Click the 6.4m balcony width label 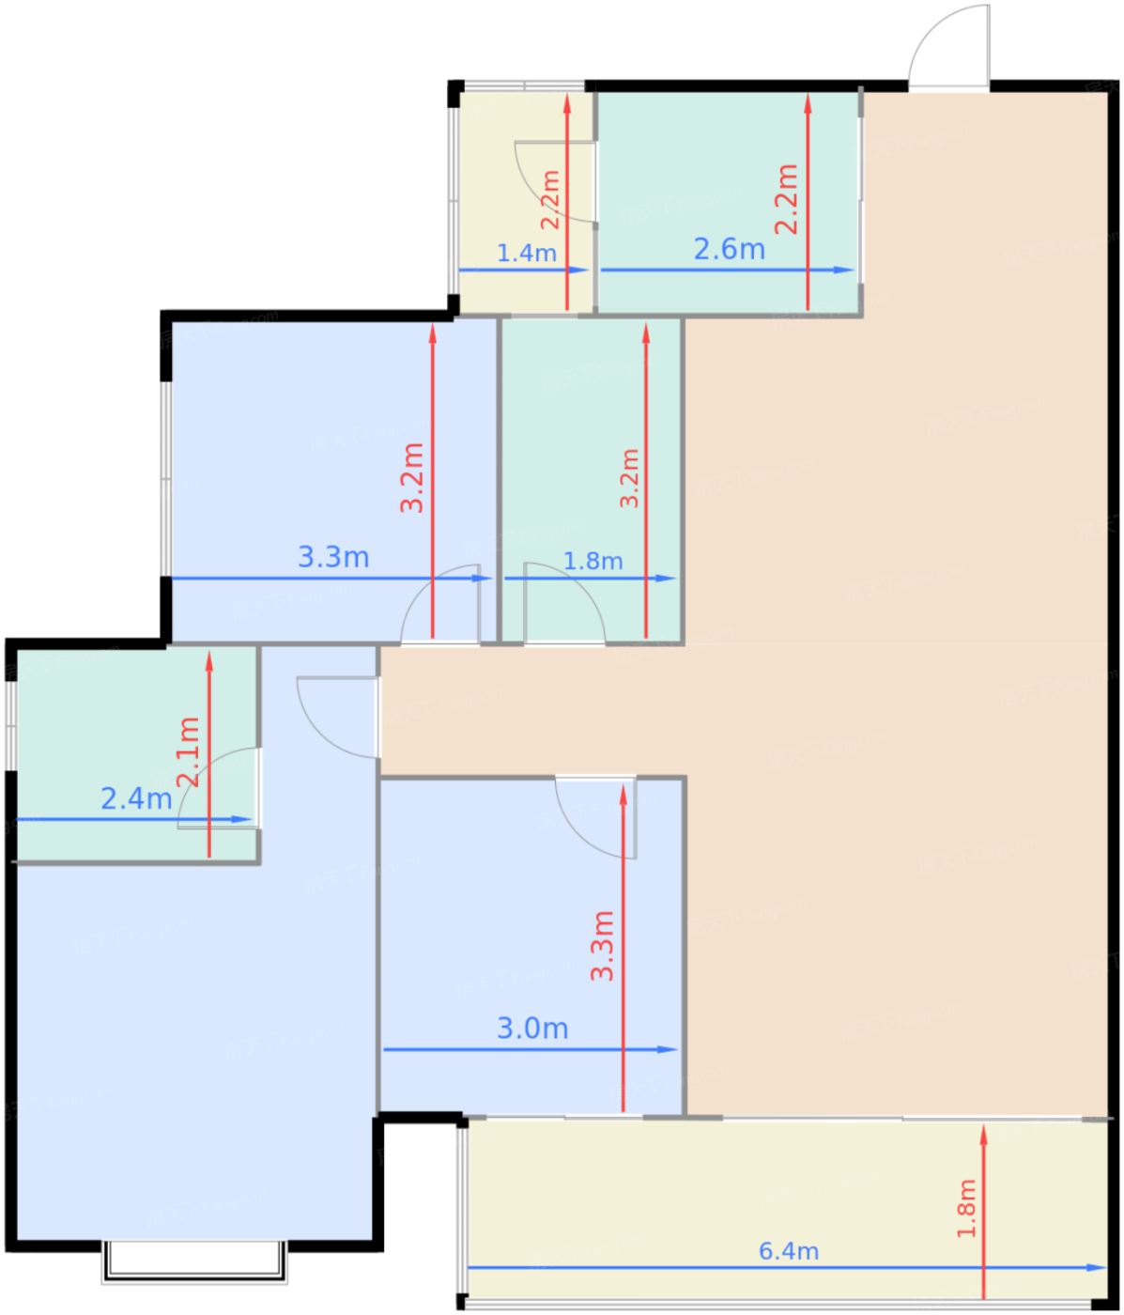[788, 1251]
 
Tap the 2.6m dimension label [729, 249]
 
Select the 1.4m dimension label [526, 254]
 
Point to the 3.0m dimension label [531, 1029]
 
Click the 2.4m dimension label [136, 798]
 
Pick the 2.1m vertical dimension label [189, 751]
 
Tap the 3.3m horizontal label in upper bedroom [333, 557]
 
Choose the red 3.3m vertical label [602, 946]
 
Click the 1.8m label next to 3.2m [593, 561]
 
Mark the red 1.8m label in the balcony [965, 1208]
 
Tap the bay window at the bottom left [194, 1261]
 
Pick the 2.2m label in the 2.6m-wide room [786, 199]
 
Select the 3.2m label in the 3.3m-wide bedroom [411, 478]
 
